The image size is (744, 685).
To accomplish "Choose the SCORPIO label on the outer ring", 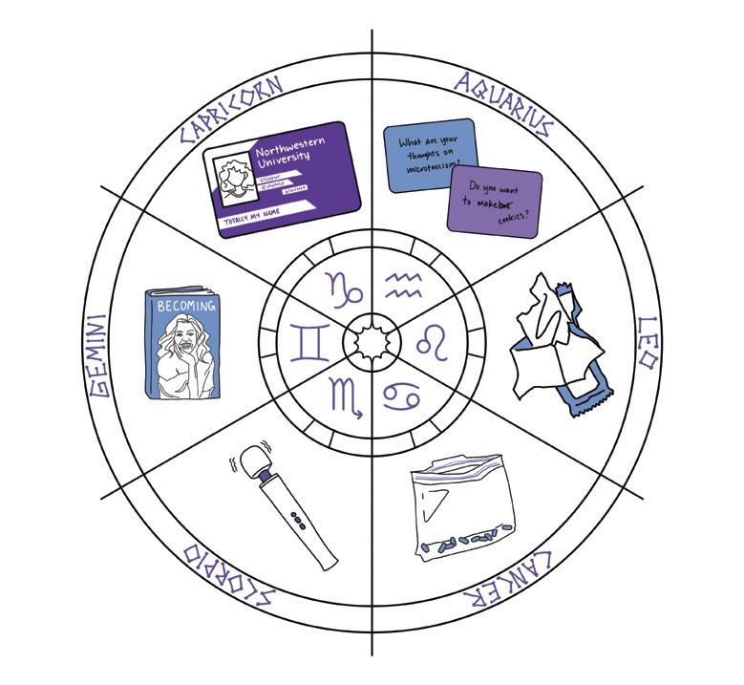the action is coord(229,577).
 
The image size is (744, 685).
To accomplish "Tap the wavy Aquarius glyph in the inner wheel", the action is coord(402,283).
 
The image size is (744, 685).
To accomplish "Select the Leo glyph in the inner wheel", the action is coord(433,342).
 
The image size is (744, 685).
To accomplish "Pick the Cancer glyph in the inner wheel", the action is coord(401,397).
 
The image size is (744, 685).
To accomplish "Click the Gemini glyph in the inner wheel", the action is coord(309,342).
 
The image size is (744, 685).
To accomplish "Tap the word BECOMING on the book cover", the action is coord(186,307).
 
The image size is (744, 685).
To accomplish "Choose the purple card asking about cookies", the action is coord(494,202).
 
